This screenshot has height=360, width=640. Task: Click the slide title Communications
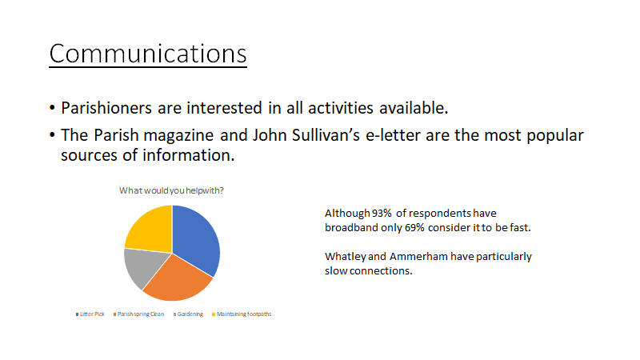pos(148,54)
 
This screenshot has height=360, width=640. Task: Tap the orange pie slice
pos(178,279)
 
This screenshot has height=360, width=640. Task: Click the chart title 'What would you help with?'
pos(171,190)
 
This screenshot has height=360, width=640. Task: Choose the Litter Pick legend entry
pos(90,314)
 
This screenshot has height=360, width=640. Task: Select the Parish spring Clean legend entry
pos(138,314)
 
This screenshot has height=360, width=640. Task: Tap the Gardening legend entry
pos(188,314)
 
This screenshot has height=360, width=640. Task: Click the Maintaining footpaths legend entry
pos(242,314)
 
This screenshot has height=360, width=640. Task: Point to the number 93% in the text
pos(382,213)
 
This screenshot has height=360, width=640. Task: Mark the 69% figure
pos(414,227)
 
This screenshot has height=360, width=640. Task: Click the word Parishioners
pos(106,108)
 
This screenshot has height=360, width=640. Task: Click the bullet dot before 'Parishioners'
pos(52,108)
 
